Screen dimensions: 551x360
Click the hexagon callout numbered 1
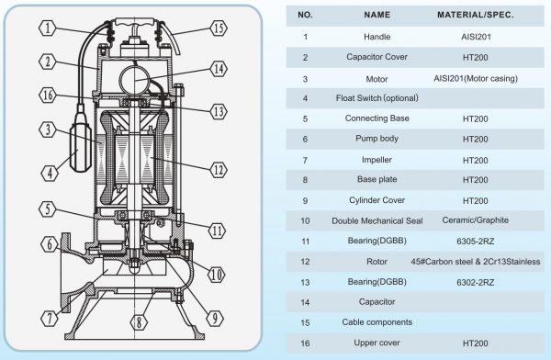[x=48, y=28]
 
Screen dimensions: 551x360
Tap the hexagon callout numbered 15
[x=219, y=28]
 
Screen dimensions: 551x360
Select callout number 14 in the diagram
[x=219, y=69]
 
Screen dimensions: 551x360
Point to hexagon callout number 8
[x=139, y=322]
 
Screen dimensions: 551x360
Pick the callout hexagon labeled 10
[x=217, y=275]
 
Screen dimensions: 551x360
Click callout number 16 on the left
[x=48, y=95]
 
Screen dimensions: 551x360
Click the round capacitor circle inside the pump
[x=135, y=80]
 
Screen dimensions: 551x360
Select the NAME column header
[x=377, y=15]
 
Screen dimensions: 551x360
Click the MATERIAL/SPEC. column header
[x=476, y=15]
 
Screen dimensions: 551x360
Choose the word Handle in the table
[x=377, y=37]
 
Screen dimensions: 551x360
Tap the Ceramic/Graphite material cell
[x=476, y=220]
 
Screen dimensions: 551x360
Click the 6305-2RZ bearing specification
[x=476, y=242]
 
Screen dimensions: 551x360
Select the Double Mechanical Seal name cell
[x=377, y=220]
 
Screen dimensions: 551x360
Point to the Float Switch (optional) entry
[x=377, y=98]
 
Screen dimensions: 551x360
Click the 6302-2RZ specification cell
[x=476, y=282]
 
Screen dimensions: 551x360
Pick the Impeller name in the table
[x=377, y=160]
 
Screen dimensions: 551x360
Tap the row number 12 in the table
[x=305, y=262]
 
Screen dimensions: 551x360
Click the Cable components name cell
[x=377, y=322]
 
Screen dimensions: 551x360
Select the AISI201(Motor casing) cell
[x=476, y=78]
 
